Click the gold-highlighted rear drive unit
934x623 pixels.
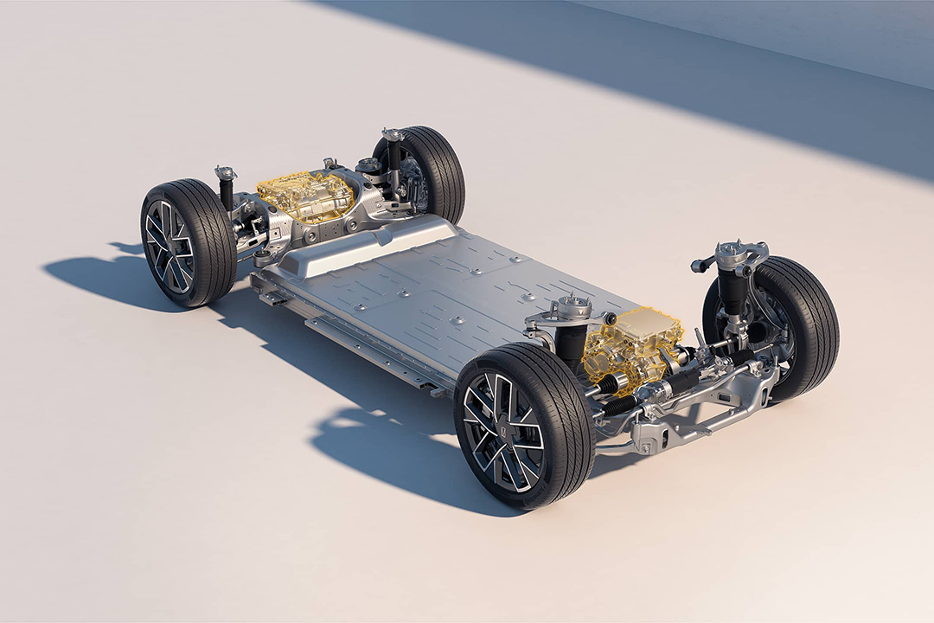(304, 195)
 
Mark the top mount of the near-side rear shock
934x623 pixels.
(226, 172)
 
